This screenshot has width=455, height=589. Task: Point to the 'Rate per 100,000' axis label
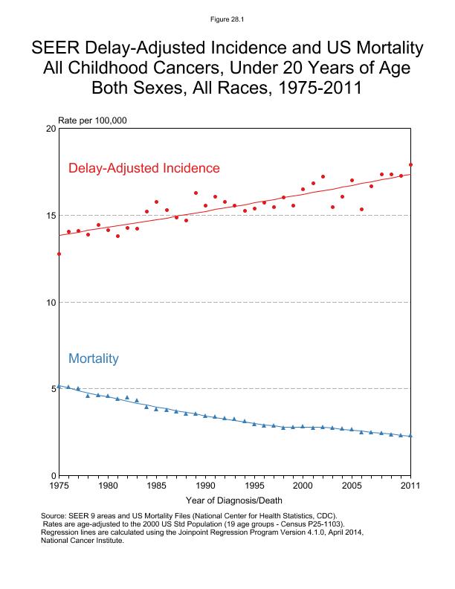pyautogui.click(x=88, y=120)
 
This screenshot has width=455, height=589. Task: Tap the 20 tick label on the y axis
pyautogui.click(x=51, y=129)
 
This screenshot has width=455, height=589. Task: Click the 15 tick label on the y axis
pyautogui.click(x=51, y=216)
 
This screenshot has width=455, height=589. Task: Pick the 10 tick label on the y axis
pyautogui.click(x=51, y=302)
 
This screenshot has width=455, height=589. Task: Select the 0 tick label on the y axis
pyautogui.click(x=54, y=475)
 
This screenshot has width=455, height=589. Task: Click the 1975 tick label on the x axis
pyautogui.click(x=59, y=486)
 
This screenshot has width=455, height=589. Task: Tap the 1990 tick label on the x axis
pyautogui.click(x=205, y=486)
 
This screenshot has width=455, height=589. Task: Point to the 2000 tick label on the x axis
pyautogui.click(x=303, y=486)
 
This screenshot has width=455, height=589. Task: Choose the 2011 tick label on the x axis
pyautogui.click(x=410, y=486)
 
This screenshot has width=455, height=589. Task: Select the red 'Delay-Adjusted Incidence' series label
pyautogui.click(x=144, y=168)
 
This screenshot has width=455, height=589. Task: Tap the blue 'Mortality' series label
pyautogui.click(x=94, y=358)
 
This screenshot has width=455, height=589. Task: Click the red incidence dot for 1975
pyautogui.click(x=59, y=254)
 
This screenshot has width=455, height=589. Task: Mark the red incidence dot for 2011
pyautogui.click(x=410, y=165)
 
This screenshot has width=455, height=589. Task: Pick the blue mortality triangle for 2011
pyautogui.click(x=410, y=436)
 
